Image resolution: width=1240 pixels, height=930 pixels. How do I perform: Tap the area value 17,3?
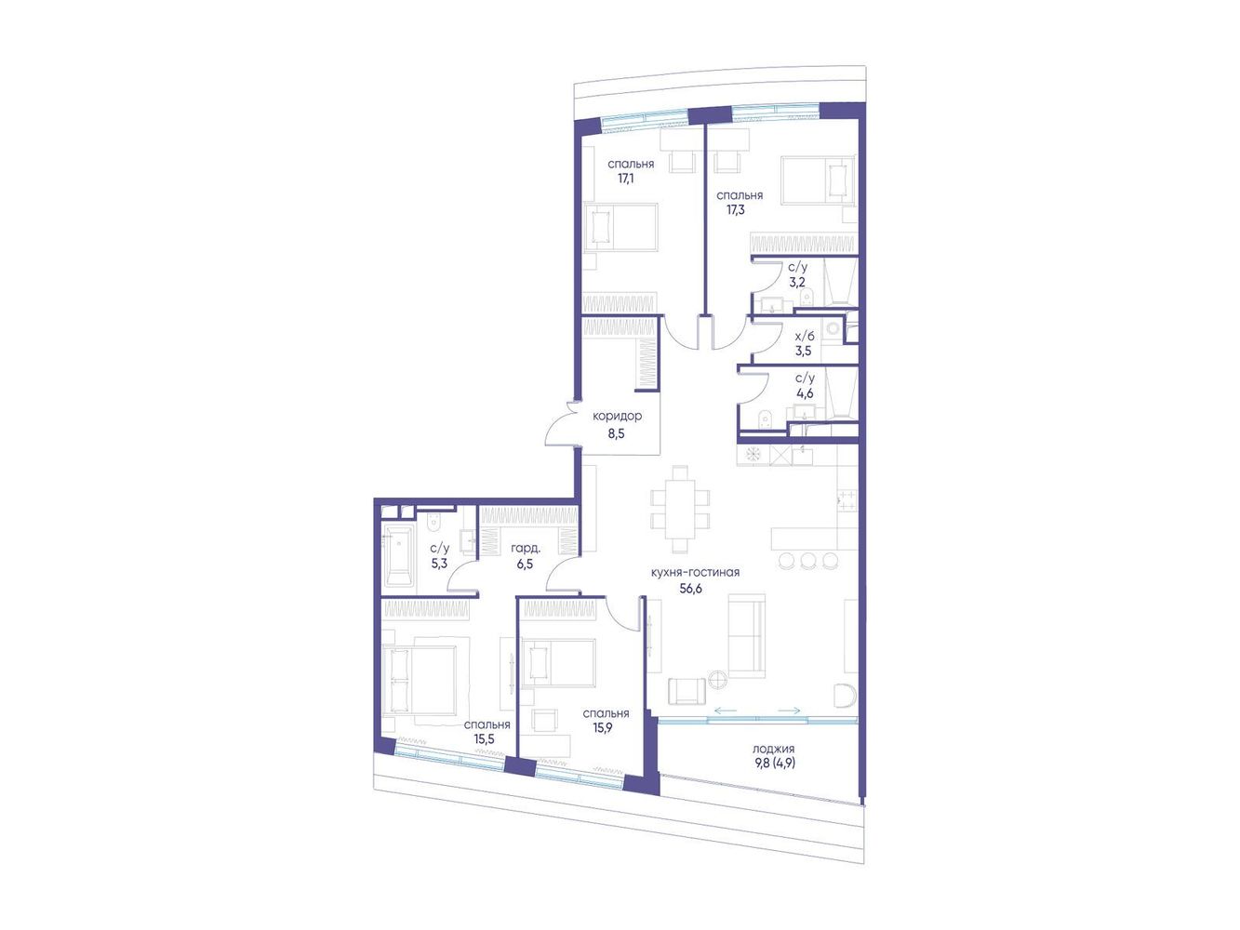[x=735, y=210]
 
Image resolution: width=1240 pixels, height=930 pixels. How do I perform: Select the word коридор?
[x=617, y=417]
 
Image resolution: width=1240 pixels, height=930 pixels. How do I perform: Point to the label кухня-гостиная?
[x=695, y=572]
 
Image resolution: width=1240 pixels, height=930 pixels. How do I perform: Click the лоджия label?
[x=773, y=749]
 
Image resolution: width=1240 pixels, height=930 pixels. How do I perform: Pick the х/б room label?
[x=805, y=336]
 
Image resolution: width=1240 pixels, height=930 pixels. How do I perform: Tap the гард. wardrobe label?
[x=526, y=549]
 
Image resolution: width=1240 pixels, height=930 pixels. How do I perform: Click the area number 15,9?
[x=602, y=728]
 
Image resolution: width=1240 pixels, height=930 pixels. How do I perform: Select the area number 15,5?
[x=484, y=738]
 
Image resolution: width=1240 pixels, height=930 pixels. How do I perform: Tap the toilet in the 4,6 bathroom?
[x=766, y=418]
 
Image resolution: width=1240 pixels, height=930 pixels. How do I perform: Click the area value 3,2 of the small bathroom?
[x=797, y=283]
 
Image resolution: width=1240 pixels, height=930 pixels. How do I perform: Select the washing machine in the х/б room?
[x=833, y=328]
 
